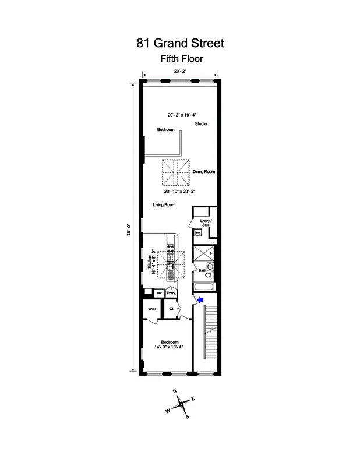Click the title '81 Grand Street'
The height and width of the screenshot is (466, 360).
point(180,43)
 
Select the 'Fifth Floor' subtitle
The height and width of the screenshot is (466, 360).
point(181,58)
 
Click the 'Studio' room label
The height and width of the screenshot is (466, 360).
point(201,124)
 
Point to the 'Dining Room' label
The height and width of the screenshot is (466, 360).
point(204,171)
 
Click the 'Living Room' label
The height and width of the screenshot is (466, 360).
point(164,205)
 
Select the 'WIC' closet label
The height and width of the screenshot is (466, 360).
point(151,309)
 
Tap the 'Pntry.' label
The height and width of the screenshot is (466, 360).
point(171,294)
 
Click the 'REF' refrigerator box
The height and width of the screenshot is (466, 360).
point(157,293)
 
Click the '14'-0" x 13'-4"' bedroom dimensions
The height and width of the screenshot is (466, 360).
point(169,347)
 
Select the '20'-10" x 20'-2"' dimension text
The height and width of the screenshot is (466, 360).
point(181,190)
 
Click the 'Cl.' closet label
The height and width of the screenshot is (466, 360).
point(172,309)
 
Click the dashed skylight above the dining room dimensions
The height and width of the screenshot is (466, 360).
point(175,171)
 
